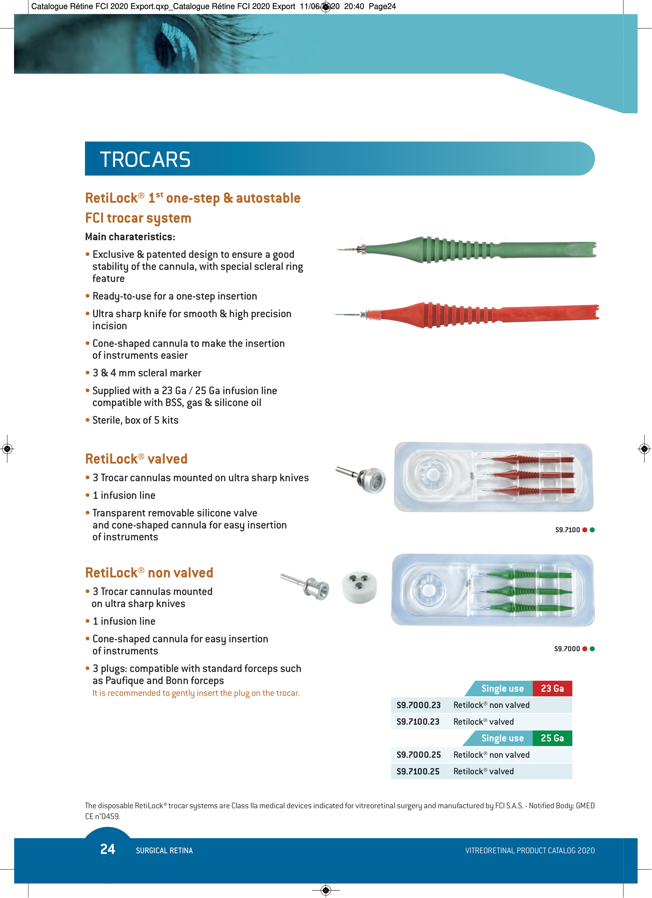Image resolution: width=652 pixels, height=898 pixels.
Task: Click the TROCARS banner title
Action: point(145,160)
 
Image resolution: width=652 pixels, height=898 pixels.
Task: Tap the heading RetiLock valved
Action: point(136,459)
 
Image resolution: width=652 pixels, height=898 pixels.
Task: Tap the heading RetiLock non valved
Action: point(149,573)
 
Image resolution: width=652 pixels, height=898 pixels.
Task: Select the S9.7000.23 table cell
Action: point(418,705)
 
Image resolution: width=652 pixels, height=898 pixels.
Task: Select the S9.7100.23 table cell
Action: point(418,722)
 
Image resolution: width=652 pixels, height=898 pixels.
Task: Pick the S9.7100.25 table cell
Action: point(418,772)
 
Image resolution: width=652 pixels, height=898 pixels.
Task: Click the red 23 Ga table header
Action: point(552,689)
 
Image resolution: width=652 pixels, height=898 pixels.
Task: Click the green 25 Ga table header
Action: point(552,738)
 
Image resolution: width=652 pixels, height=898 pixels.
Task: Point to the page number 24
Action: point(107,849)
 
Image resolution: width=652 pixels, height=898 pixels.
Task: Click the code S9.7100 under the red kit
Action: point(567,530)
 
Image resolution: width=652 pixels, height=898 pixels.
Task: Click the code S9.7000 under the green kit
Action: point(567,649)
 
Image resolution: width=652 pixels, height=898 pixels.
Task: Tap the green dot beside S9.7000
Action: point(592,649)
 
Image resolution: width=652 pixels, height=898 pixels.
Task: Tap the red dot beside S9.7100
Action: point(585,530)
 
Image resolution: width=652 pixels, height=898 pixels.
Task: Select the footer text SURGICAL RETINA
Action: point(164,851)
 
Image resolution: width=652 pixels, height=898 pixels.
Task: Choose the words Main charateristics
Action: point(130,237)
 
